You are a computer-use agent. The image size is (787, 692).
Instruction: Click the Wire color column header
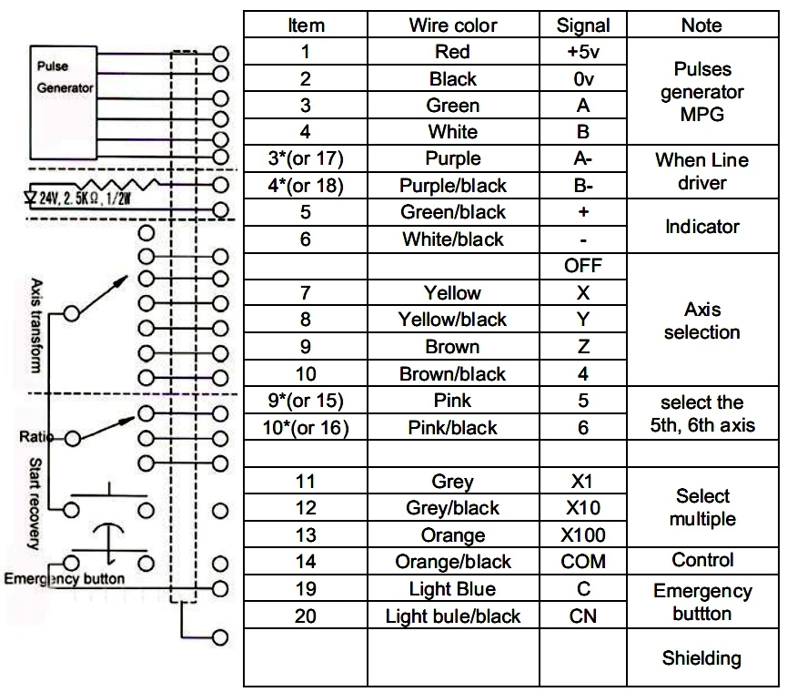point(452,25)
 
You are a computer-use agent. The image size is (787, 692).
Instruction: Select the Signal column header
point(583,25)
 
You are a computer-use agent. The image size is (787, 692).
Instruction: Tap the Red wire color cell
point(452,52)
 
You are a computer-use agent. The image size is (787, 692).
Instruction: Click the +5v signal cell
point(583,52)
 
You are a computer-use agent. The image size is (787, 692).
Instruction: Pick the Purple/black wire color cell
point(452,186)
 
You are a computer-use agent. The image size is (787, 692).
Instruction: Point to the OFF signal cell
point(583,266)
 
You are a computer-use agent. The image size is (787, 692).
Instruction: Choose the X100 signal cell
point(583,534)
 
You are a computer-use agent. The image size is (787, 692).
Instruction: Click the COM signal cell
point(583,562)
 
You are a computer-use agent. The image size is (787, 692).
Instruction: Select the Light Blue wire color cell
point(452,589)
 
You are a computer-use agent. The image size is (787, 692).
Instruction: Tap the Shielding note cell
point(701,657)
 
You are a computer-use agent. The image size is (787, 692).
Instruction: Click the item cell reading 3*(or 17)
point(306,159)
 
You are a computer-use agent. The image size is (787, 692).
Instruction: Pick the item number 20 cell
point(306,616)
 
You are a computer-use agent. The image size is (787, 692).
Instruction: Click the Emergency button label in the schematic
point(65,578)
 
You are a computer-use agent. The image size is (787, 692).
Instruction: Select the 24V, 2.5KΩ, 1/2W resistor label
point(77,196)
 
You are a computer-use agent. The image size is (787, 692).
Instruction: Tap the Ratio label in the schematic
point(33,437)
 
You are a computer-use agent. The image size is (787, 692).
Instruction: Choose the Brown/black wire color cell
point(452,373)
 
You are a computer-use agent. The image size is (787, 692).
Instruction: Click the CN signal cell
point(583,616)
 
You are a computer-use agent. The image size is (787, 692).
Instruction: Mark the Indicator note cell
point(701,226)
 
